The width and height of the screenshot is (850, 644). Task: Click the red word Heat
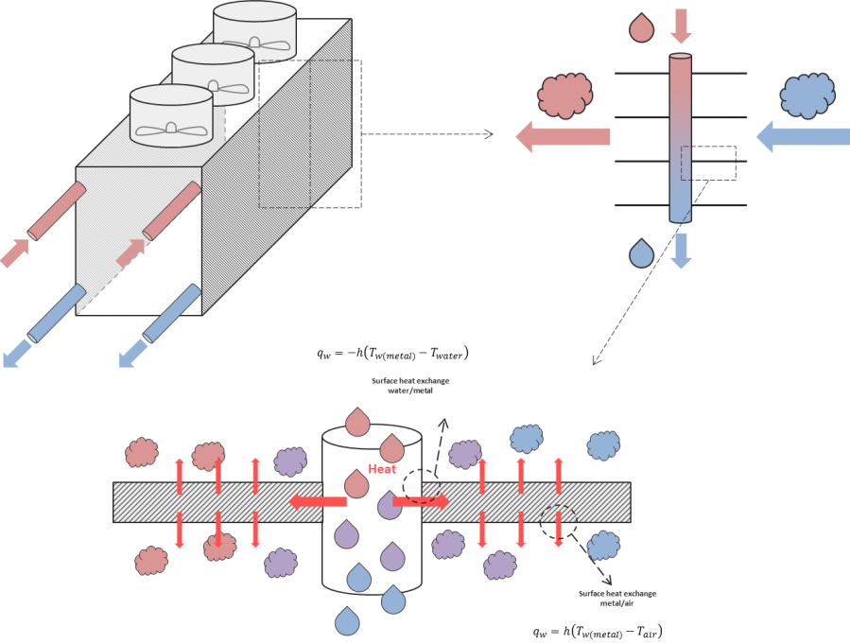[x=382, y=469]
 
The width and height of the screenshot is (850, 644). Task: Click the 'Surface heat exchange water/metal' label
[x=410, y=385]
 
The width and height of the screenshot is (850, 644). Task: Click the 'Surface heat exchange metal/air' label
[x=616, y=598]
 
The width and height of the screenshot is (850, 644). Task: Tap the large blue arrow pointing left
[x=802, y=137]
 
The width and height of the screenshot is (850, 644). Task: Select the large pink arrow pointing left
[x=563, y=137]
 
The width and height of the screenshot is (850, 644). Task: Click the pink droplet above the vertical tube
[x=642, y=28]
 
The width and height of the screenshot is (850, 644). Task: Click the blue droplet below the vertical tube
[x=642, y=252]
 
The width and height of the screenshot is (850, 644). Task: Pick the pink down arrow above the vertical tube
[x=681, y=26]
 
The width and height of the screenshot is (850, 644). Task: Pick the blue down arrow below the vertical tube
[x=681, y=251]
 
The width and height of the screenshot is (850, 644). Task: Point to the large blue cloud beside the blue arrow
[x=807, y=95]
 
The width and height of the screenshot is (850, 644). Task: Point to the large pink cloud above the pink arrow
[x=564, y=95]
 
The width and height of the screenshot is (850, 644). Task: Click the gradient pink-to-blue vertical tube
[x=681, y=138]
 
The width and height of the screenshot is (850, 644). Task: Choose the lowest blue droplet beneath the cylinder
[x=348, y=621]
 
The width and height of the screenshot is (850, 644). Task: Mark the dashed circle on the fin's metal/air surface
[x=558, y=521]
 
